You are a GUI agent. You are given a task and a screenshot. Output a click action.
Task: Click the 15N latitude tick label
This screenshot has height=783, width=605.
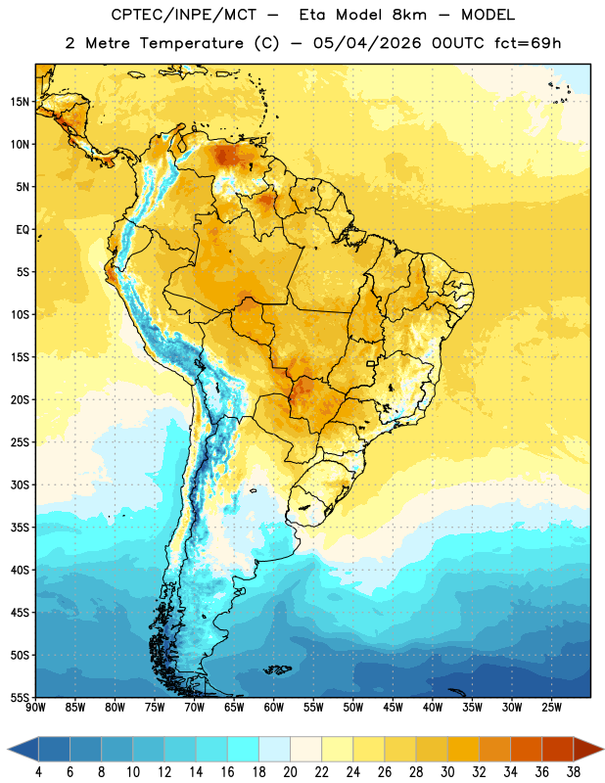pyautogui.click(x=20, y=102)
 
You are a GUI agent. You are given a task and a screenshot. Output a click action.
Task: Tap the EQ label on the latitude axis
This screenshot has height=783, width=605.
pyautogui.click(x=23, y=230)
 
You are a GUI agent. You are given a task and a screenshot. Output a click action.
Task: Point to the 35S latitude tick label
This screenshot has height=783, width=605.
pyautogui.click(x=20, y=528)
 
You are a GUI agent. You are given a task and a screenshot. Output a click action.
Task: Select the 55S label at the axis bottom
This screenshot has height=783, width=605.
pyautogui.click(x=20, y=697)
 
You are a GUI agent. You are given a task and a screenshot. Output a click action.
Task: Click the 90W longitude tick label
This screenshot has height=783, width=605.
pyautogui.click(x=35, y=707)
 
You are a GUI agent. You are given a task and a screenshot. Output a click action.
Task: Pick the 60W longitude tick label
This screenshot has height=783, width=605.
pyautogui.click(x=274, y=707)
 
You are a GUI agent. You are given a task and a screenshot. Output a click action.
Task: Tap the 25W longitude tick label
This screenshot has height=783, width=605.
pyautogui.click(x=551, y=707)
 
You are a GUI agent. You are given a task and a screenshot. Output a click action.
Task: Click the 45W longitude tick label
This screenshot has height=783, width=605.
pyautogui.click(x=393, y=707)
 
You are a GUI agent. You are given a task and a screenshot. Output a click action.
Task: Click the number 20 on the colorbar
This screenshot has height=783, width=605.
pyautogui.click(x=290, y=772)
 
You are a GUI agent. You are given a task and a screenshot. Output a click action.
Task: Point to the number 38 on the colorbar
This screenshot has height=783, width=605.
pyautogui.click(x=573, y=772)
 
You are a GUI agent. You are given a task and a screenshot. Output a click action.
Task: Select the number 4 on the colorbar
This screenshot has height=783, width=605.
pyautogui.click(x=38, y=772)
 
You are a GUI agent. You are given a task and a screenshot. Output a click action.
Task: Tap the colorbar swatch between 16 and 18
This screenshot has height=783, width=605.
pyautogui.click(x=244, y=749)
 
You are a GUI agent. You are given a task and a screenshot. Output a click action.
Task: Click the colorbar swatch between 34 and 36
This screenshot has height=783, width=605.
pyautogui.click(x=526, y=749)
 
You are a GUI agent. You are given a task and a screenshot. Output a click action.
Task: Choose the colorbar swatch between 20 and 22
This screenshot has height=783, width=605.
pyautogui.click(x=305, y=749)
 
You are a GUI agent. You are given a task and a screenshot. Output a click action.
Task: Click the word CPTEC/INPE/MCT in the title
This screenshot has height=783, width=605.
pyautogui.click(x=184, y=15)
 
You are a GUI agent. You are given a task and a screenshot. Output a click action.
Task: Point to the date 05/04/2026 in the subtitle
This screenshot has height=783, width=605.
pyautogui.click(x=367, y=43)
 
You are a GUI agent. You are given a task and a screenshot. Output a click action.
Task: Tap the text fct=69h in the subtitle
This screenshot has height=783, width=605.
pyautogui.click(x=528, y=43)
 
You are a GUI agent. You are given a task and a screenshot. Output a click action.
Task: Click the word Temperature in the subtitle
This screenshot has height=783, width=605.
pyautogui.click(x=191, y=44)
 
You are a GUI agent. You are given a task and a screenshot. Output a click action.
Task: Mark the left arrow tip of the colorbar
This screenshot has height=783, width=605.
pyautogui.click(x=8, y=749)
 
